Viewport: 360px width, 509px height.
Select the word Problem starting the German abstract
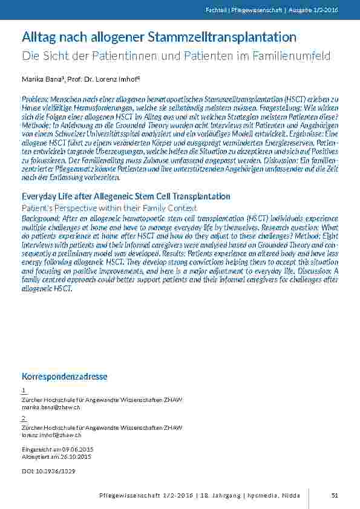point(34,98)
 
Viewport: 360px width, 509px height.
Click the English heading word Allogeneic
point(108,196)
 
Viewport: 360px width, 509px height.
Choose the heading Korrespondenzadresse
point(64,377)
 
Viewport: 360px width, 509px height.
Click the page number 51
point(335,495)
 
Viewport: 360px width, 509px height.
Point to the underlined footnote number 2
point(24,418)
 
